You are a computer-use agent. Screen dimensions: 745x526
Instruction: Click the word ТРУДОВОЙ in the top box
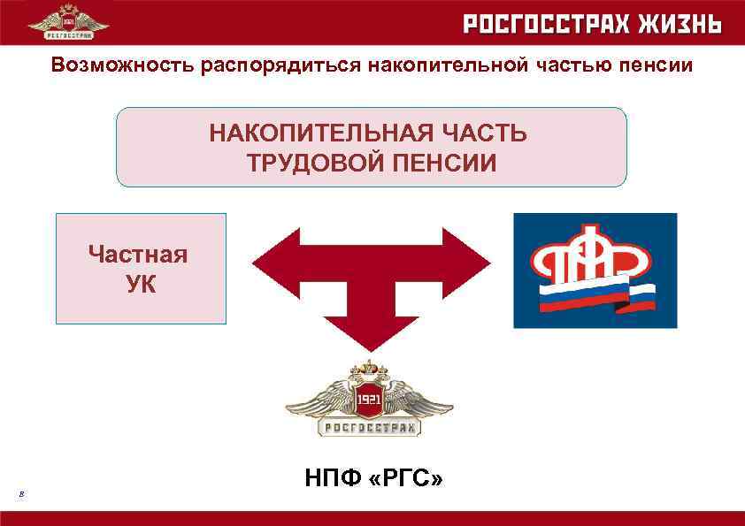tap(311, 164)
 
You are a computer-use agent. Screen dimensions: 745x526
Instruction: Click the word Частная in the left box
tap(138, 255)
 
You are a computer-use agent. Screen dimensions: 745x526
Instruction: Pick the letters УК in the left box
tap(138, 285)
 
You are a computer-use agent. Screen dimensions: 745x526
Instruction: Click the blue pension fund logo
tap(595, 270)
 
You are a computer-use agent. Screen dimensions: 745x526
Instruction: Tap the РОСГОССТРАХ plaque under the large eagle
tap(369, 429)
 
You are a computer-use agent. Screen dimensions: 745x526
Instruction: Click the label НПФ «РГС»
tap(373, 478)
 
